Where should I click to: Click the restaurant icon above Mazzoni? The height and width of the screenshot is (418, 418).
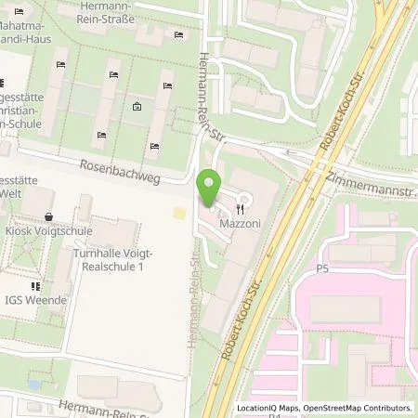coord(245,198)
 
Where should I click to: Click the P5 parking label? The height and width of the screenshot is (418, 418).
coord(322,268)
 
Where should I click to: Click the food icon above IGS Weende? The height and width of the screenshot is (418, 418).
coord(35,287)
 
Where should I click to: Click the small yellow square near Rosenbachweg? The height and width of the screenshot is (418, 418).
coord(178,215)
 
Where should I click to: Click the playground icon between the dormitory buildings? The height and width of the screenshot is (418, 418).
coord(137,107)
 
